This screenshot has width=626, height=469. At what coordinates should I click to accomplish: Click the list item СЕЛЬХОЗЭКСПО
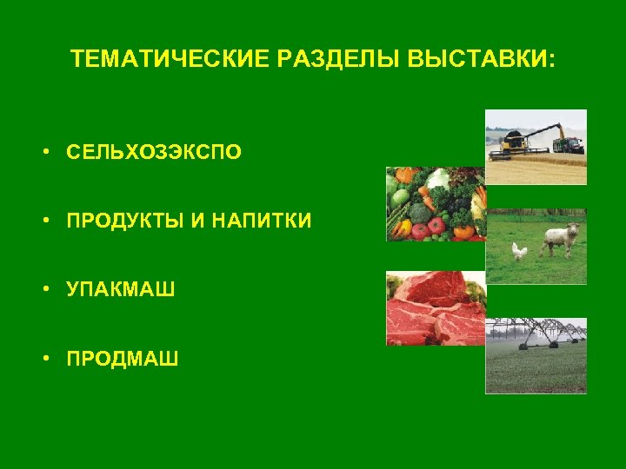[155, 153]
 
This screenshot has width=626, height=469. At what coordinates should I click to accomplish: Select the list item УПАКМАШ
[121, 289]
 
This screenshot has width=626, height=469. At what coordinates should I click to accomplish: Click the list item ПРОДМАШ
[123, 357]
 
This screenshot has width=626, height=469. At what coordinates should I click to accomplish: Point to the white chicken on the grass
[519, 251]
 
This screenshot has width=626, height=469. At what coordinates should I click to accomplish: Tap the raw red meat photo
[435, 308]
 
